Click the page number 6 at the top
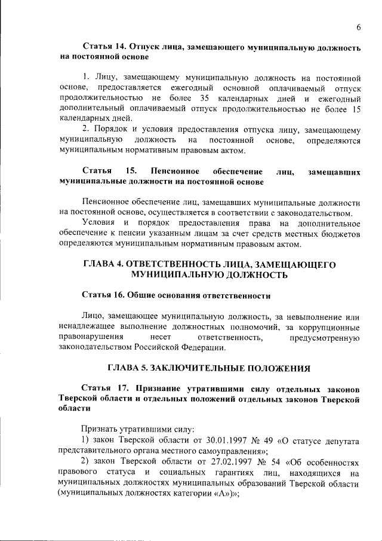point(359,27)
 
